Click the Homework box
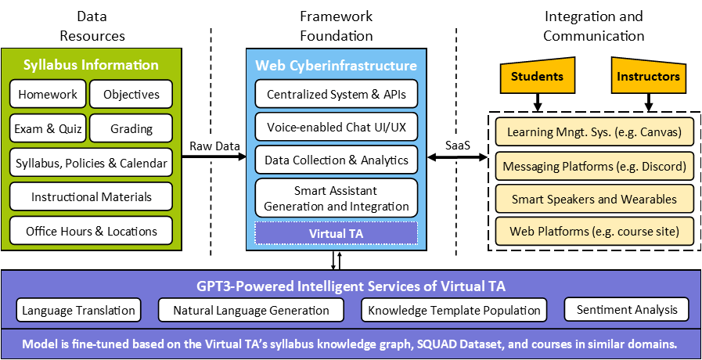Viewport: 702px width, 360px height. click(x=48, y=94)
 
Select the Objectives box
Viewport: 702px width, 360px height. click(x=131, y=94)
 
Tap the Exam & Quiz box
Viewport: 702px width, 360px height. click(x=48, y=128)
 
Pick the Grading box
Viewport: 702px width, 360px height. click(x=131, y=128)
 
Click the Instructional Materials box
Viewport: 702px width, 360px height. click(x=91, y=196)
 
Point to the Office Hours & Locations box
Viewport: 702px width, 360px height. click(x=91, y=231)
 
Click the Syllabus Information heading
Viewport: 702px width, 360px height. click(x=91, y=65)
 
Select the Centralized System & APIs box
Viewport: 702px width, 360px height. click(x=337, y=94)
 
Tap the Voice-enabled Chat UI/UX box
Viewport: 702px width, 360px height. click(x=337, y=127)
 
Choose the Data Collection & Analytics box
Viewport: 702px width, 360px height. click(x=337, y=160)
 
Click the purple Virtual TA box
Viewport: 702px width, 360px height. click(x=337, y=232)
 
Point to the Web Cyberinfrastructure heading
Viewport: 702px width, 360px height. click(x=337, y=65)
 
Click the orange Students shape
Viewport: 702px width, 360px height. click(x=537, y=77)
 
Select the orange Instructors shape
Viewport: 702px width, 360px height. click(x=648, y=77)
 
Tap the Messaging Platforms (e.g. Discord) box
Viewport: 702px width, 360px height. click(x=595, y=166)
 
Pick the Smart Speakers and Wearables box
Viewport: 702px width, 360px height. click(x=595, y=199)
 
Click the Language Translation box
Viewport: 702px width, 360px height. click(x=78, y=310)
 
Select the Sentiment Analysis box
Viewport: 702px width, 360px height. click(x=626, y=309)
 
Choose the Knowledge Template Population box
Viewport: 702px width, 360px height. click(x=454, y=310)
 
